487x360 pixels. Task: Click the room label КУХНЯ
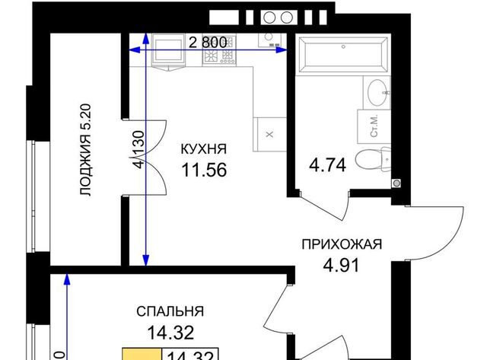click(x=204, y=149)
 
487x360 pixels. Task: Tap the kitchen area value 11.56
click(x=204, y=170)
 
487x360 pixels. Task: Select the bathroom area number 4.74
click(x=327, y=165)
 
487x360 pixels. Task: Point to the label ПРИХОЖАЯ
click(x=342, y=244)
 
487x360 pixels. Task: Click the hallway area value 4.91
click(x=341, y=265)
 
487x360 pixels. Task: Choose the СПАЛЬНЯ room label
click(x=170, y=311)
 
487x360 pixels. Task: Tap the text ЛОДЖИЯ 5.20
click(x=85, y=150)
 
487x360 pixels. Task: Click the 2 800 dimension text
click(x=208, y=43)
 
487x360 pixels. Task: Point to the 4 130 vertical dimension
click(x=139, y=149)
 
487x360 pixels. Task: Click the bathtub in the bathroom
click(x=343, y=55)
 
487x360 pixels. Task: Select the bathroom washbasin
click(x=378, y=92)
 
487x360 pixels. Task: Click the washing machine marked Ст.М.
click(x=374, y=126)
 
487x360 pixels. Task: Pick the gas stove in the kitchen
click(x=219, y=50)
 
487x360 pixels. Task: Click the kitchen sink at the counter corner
click(x=269, y=40)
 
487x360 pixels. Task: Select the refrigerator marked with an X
click(x=269, y=134)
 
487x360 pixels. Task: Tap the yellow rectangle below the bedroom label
click(x=142, y=354)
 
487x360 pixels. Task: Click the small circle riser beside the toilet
click(x=396, y=183)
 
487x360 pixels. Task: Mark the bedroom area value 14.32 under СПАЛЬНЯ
click(x=170, y=333)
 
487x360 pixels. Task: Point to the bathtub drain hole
click(x=343, y=47)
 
